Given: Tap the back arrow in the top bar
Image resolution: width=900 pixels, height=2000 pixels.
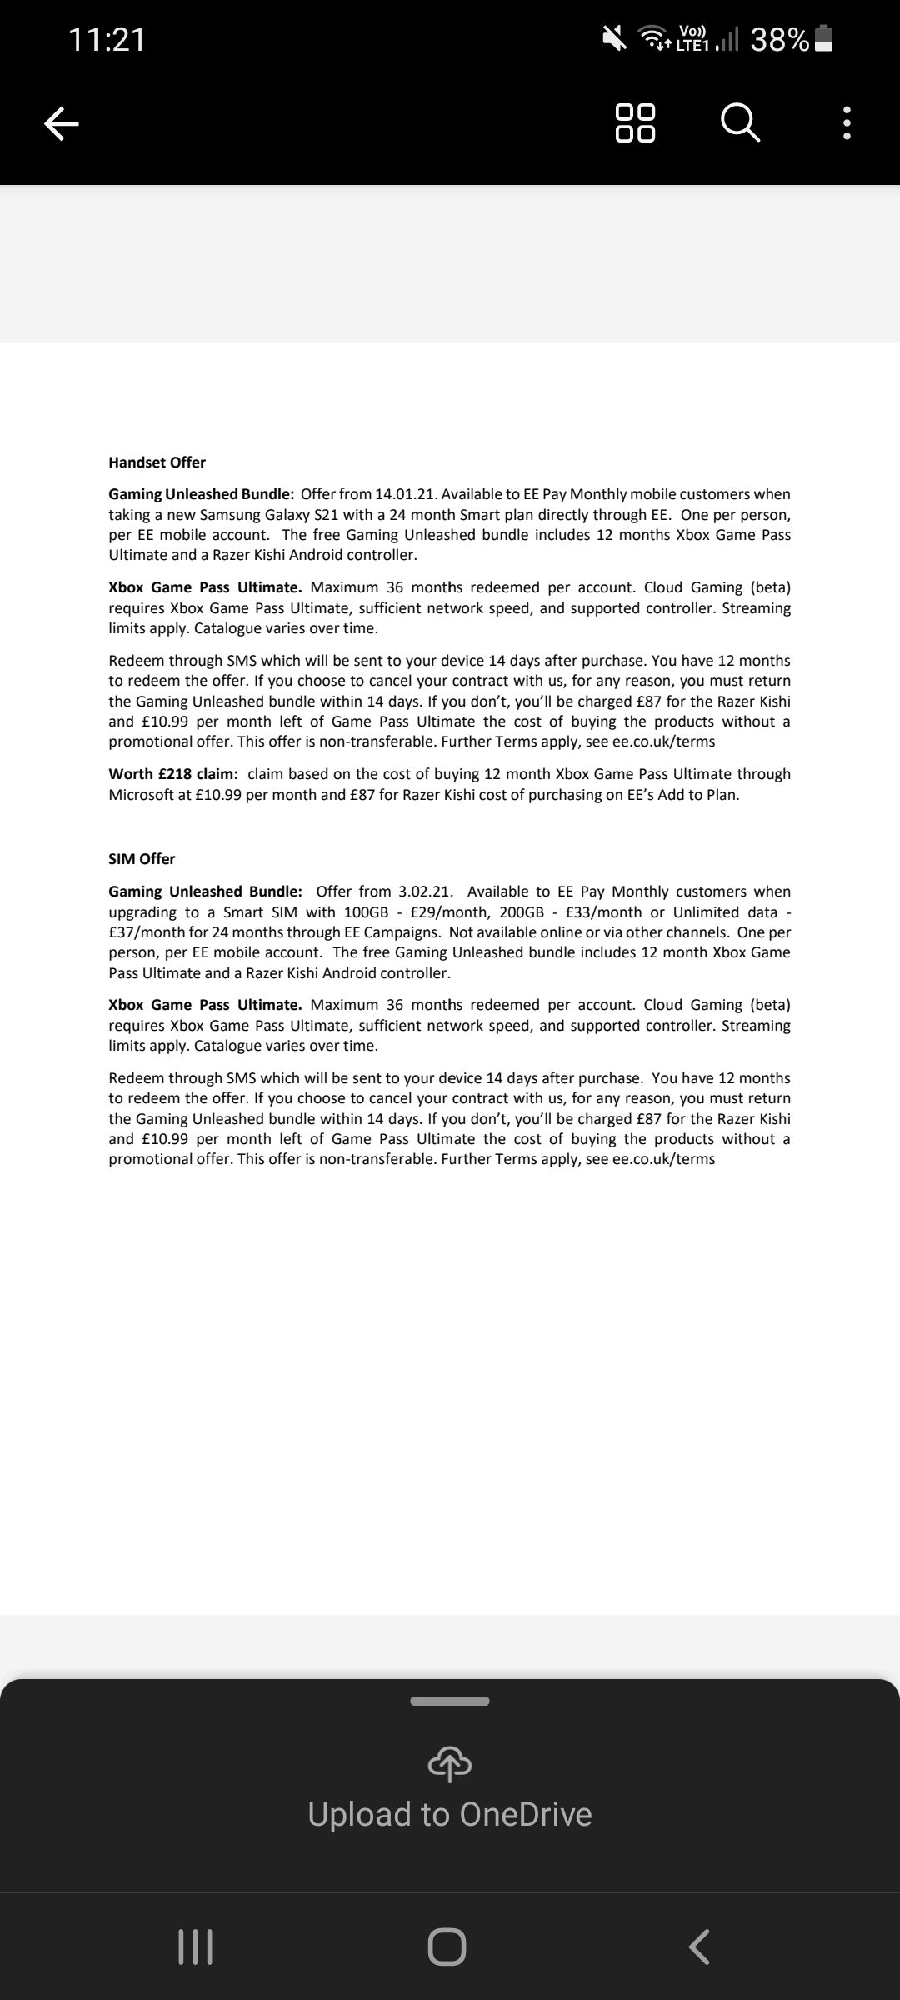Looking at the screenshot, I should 61,124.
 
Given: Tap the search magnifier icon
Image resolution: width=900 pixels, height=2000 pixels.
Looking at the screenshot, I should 740,123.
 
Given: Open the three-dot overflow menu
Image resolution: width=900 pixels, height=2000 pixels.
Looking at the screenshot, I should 847,123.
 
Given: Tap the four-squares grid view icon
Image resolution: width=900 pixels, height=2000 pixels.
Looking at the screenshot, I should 635,123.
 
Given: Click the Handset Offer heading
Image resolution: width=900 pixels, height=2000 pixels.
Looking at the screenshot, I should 157,462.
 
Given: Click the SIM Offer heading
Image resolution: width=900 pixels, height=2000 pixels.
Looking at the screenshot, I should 142,859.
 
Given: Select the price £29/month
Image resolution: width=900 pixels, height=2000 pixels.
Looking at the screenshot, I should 450,912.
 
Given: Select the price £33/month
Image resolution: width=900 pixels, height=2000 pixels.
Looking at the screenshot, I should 603,912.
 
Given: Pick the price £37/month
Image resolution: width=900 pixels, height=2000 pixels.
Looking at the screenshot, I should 150,932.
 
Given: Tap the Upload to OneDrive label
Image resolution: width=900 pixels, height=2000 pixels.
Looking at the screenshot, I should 450,1814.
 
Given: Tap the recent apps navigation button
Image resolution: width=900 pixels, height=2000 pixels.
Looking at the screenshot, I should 196,1947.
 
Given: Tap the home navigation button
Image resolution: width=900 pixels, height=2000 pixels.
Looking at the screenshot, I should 447,1947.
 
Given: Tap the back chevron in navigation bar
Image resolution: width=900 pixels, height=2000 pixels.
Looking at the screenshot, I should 699,1947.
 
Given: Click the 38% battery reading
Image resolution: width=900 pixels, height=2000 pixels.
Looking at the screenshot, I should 779,39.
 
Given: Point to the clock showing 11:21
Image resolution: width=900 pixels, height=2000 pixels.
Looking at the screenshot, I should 107,39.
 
